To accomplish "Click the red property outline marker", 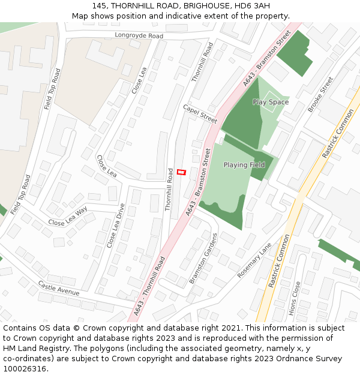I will (x=182, y=172).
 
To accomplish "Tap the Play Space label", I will (x=271, y=102).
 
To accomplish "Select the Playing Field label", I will (x=244, y=164).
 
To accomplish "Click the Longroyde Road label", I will (x=139, y=36).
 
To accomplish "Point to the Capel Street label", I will (x=200, y=113).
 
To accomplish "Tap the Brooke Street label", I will (x=320, y=94).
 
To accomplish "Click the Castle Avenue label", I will (x=59, y=288).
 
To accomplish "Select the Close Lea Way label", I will (x=68, y=216).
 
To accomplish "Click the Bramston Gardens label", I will (x=201, y=259).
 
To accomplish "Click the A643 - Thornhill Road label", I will (x=149, y=287).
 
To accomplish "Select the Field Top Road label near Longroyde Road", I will (x=52, y=89).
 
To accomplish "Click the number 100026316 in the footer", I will (x=25, y=369).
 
